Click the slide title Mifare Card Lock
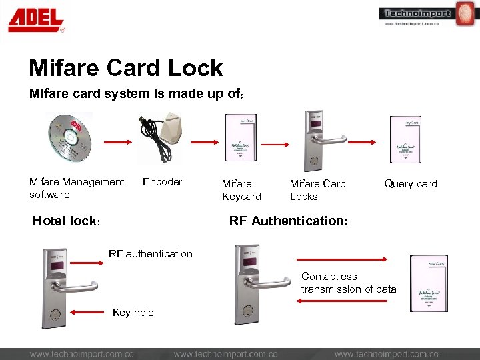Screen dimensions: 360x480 click(x=126, y=68)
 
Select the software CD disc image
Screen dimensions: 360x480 click(x=69, y=137)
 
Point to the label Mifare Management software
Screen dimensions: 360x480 click(x=76, y=188)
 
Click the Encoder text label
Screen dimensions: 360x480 click(x=162, y=182)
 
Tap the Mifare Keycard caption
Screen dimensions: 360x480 click(x=241, y=190)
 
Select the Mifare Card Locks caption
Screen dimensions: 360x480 click(x=317, y=190)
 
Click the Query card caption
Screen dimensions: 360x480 click(x=410, y=184)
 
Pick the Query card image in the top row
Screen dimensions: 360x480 click(x=405, y=139)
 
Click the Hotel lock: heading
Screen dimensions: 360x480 click(x=66, y=221)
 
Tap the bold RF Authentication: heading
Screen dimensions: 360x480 click(x=288, y=221)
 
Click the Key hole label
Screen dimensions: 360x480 click(x=133, y=312)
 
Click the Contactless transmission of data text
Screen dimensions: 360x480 click(x=348, y=283)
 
